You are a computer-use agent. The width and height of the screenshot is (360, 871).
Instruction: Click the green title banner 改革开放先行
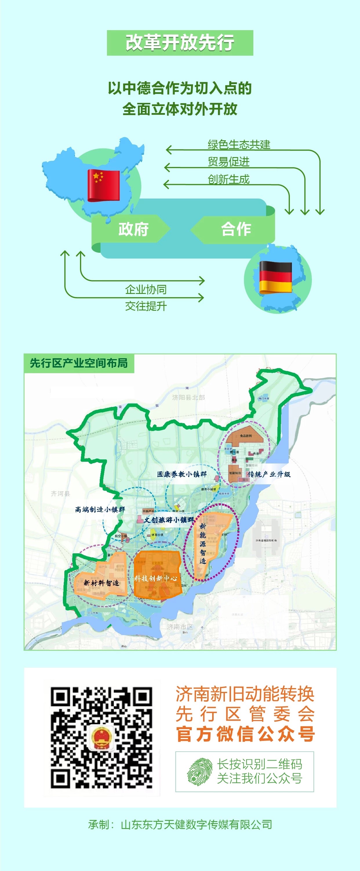[x=180, y=43]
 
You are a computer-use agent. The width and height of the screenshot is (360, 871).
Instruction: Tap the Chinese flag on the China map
[x=103, y=185]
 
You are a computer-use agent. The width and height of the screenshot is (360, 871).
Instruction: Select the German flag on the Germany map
[x=275, y=277]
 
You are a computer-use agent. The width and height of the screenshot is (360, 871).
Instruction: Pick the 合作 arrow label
[x=236, y=229]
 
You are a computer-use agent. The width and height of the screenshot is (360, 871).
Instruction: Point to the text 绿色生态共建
[x=239, y=145]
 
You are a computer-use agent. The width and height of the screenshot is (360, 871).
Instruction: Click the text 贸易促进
[x=228, y=162]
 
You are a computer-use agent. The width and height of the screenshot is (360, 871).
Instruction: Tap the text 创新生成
[x=228, y=179]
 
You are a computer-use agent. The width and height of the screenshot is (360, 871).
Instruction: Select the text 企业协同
[x=146, y=290]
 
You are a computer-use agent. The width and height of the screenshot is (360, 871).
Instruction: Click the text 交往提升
[x=146, y=306]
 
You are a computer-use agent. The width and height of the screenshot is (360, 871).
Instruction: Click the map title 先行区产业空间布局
[x=79, y=363]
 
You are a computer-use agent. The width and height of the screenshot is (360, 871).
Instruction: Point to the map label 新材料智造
[x=101, y=583]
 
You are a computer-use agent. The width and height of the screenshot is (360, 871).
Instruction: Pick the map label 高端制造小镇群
[x=100, y=510]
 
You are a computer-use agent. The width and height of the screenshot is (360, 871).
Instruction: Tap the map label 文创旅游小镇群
[x=169, y=520]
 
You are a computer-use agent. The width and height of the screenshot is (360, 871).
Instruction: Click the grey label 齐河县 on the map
[x=61, y=494]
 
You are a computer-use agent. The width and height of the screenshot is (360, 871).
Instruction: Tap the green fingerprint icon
[x=200, y=771]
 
